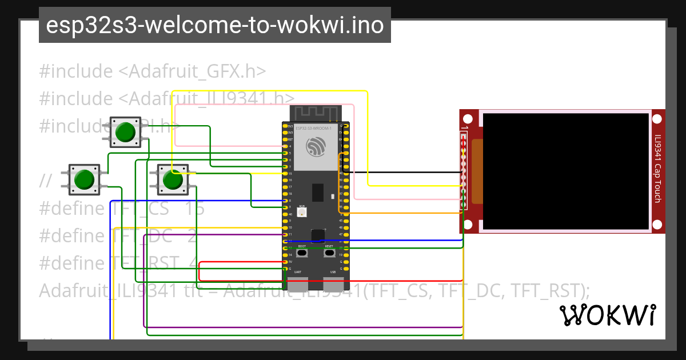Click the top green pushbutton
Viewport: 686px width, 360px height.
click(125, 133)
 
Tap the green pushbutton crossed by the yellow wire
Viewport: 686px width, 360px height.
click(172, 180)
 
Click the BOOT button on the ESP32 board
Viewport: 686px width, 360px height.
click(301, 253)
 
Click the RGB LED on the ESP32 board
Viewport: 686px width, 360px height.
click(302, 212)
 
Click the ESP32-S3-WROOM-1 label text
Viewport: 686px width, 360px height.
click(314, 129)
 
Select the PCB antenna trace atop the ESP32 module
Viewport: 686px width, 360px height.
click(315, 113)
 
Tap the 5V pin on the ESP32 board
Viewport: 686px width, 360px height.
click(285, 262)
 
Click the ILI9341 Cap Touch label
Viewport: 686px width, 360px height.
click(657, 169)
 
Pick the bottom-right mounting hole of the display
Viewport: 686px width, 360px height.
click(657, 225)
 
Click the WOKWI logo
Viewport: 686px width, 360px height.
click(607, 315)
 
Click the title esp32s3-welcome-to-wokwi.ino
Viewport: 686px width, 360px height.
click(214, 25)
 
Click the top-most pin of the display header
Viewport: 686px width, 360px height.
click(464, 137)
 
